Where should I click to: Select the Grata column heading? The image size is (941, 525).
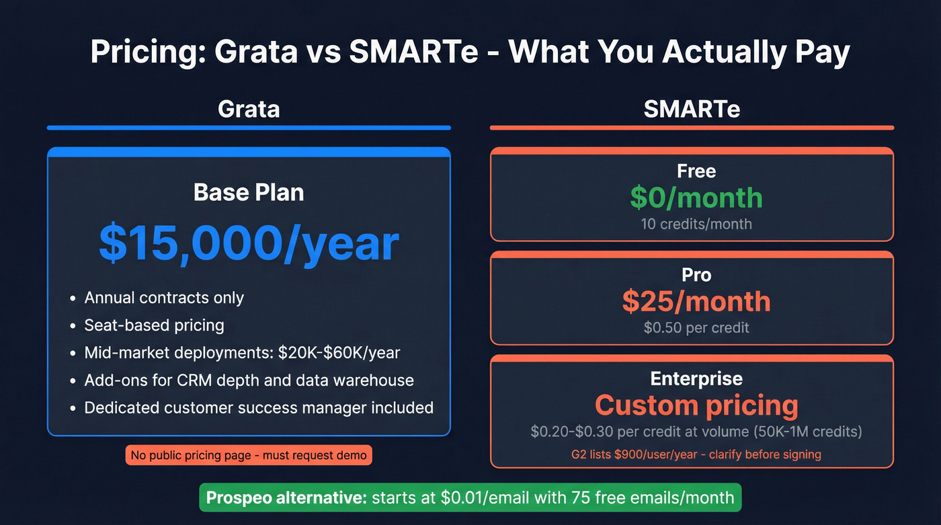[249, 109]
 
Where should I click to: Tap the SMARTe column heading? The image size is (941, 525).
[692, 109]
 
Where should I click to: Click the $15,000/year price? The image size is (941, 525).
[249, 243]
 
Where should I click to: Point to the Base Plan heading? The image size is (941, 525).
[249, 193]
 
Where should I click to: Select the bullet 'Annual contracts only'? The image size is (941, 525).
[164, 298]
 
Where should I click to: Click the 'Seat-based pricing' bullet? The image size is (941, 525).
[154, 325]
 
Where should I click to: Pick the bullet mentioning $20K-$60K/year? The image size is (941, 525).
[242, 353]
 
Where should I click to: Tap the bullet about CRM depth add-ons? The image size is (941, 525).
[249, 380]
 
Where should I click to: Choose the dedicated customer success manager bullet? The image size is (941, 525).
[259, 407]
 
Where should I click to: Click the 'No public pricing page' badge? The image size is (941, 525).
[249, 455]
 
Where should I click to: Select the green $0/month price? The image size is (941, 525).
[696, 198]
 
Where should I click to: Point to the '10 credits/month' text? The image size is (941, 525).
[696, 224]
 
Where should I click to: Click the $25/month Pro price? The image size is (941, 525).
[696, 302]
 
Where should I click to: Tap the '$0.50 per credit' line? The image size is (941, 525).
[696, 328]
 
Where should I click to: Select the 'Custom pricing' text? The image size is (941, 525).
[696, 405]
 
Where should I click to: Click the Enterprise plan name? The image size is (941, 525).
[696, 379]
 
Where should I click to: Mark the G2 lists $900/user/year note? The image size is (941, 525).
[696, 454]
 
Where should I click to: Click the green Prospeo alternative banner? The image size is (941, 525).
[470, 498]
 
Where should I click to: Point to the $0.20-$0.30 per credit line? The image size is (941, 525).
[696, 431]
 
